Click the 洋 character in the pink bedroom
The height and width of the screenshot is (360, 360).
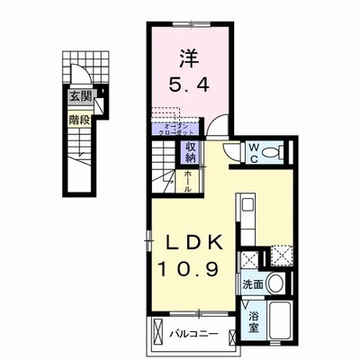coord(187,56)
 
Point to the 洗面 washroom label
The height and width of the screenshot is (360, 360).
coord(254,284)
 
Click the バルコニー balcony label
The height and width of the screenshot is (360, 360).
coord(194,334)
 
